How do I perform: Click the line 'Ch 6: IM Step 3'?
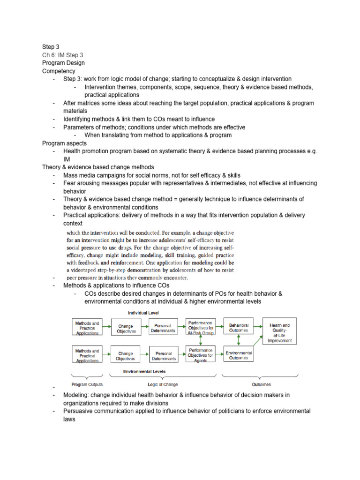pos(62,54)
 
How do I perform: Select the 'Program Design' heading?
pos(63,62)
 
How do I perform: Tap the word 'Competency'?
pos(59,71)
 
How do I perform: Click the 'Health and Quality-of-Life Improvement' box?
pos(279,333)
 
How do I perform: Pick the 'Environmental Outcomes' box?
pos(239,355)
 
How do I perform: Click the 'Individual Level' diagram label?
pos(145,312)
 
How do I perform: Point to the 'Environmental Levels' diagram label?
pos(145,371)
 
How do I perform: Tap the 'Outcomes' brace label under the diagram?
pos(261,384)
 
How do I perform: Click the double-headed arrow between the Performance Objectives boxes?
pos(200,342)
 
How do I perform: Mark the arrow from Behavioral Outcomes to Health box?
pos(258,326)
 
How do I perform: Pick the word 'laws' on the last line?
pos(69,419)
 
